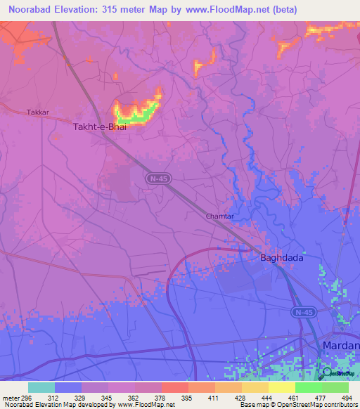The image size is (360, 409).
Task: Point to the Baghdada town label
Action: pyautogui.click(x=282, y=258)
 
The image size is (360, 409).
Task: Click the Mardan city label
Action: pyautogui.click(x=340, y=346)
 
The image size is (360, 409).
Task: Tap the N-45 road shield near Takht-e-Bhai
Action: pyautogui.click(x=157, y=180)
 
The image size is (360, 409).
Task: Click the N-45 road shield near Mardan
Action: pyautogui.click(x=302, y=311)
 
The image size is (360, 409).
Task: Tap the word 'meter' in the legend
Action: pyautogui.click(x=11, y=398)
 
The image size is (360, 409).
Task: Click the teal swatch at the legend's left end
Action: pyautogui.click(x=41, y=387)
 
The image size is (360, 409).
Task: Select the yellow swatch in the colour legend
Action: pyautogui.click(x=281, y=387)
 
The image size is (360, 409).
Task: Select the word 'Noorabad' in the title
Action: pyautogui.click(x=29, y=9)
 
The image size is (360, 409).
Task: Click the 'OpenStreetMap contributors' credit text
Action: pyautogui.click(x=321, y=405)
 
